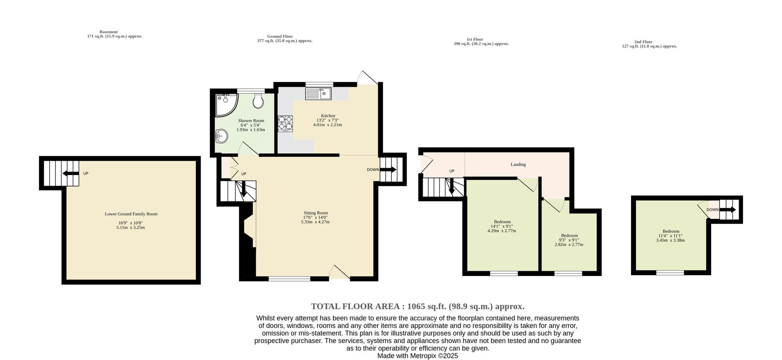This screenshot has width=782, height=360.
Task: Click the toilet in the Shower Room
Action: coord(258,101)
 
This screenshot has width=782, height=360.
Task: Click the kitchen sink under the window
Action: coord(318,93)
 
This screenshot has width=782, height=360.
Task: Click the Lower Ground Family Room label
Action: coord(131,214)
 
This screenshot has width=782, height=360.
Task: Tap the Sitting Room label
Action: coord(316,213)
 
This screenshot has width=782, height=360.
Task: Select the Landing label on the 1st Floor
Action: coord(518,165)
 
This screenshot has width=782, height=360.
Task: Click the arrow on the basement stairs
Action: coord(70,174)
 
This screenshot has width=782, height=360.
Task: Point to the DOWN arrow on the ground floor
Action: coord(388,170)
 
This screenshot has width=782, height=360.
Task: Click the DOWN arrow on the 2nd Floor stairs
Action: coord(728,210)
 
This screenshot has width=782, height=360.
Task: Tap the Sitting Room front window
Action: coord(289,279)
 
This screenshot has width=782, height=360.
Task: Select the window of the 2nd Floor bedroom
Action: coord(670,272)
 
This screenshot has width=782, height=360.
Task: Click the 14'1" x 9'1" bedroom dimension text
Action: coord(502,226)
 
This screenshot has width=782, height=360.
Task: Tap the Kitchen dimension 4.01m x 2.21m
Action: coord(328,125)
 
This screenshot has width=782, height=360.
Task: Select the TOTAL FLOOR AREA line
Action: coord(418,306)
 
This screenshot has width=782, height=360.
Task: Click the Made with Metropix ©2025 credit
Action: coord(418,356)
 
